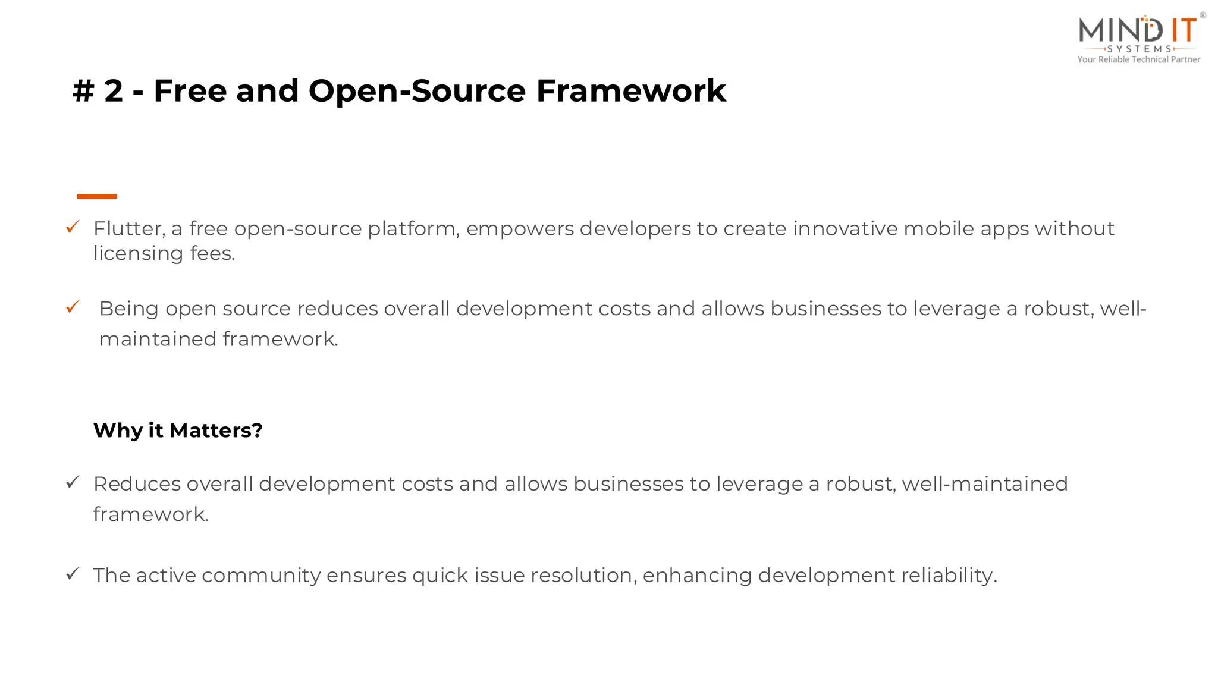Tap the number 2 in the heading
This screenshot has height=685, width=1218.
[x=113, y=91]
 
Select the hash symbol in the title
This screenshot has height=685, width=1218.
[x=83, y=92]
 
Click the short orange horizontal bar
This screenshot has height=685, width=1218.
[x=97, y=196]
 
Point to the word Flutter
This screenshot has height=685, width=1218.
[x=128, y=229]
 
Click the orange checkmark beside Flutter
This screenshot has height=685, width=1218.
[x=73, y=227]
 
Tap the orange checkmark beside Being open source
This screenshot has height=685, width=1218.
[x=73, y=307]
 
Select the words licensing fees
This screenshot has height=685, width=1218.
[x=164, y=254]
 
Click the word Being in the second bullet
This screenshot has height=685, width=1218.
[x=128, y=309]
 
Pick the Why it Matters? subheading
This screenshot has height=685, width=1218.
[x=178, y=430]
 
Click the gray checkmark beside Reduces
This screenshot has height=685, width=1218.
[x=73, y=482]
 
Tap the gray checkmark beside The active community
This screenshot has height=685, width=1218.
[x=73, y=574]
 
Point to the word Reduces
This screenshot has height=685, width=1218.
[x=136, y=484]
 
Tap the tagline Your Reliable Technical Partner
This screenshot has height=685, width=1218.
[x=1138, y=59]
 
